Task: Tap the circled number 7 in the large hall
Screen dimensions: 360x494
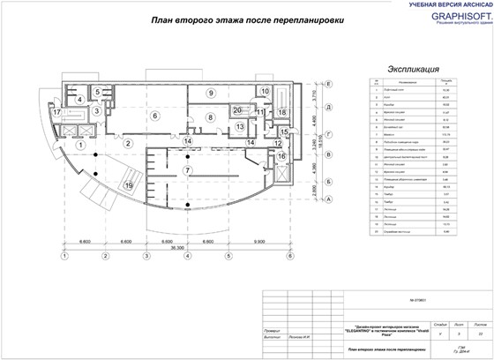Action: (186, 169)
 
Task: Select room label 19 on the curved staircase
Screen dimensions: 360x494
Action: (129, 185)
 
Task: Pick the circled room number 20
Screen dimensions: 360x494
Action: (237, 109)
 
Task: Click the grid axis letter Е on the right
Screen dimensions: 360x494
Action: (328, 83)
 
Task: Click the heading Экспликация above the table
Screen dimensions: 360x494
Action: (407, 66)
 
